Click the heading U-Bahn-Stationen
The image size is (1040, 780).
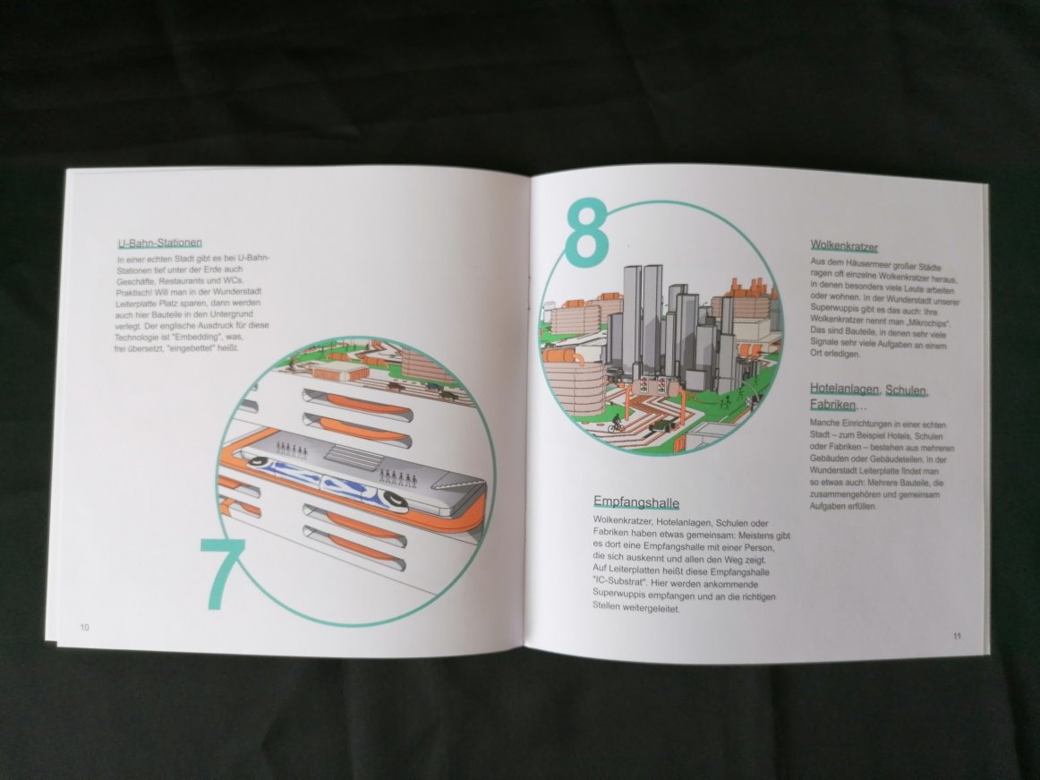(160, 243)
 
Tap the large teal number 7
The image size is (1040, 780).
(223, 573)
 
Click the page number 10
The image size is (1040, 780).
(85, 628)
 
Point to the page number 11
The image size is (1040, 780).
(957, 636)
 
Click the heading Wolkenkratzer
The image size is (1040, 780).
(844, 247)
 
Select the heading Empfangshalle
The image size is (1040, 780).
(636, 501)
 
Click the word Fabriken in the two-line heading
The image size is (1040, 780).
(832, 405)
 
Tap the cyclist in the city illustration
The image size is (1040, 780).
(616, 423)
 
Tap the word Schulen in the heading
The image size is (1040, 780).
(907, 390)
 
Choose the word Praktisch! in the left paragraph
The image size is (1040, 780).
(135, 292)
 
